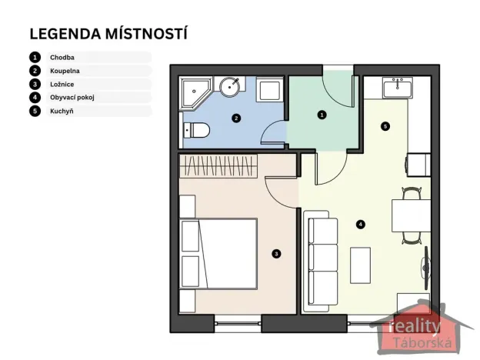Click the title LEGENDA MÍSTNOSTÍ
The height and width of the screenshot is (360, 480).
tap(108, 34)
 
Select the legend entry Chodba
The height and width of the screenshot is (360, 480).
tap(63, 57)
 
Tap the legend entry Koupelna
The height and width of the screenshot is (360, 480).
tap(65, 71)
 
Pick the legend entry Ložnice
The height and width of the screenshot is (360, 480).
tap(62, 84)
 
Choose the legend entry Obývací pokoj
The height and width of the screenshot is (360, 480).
tap(72, 98)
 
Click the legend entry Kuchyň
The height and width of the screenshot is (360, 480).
tap(62, 111)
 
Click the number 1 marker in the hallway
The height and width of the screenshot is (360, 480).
tap(322, 115)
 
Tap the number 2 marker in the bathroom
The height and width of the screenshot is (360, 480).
tap(236, 118)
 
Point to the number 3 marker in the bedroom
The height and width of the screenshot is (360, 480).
tap(276, 252)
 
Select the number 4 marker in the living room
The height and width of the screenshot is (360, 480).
tap(360, 224)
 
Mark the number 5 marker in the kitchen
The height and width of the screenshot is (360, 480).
tap(385, 125)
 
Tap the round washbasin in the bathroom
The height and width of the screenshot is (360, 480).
tap(230, 87)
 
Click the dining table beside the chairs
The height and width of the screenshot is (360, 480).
tap(411, 216)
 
